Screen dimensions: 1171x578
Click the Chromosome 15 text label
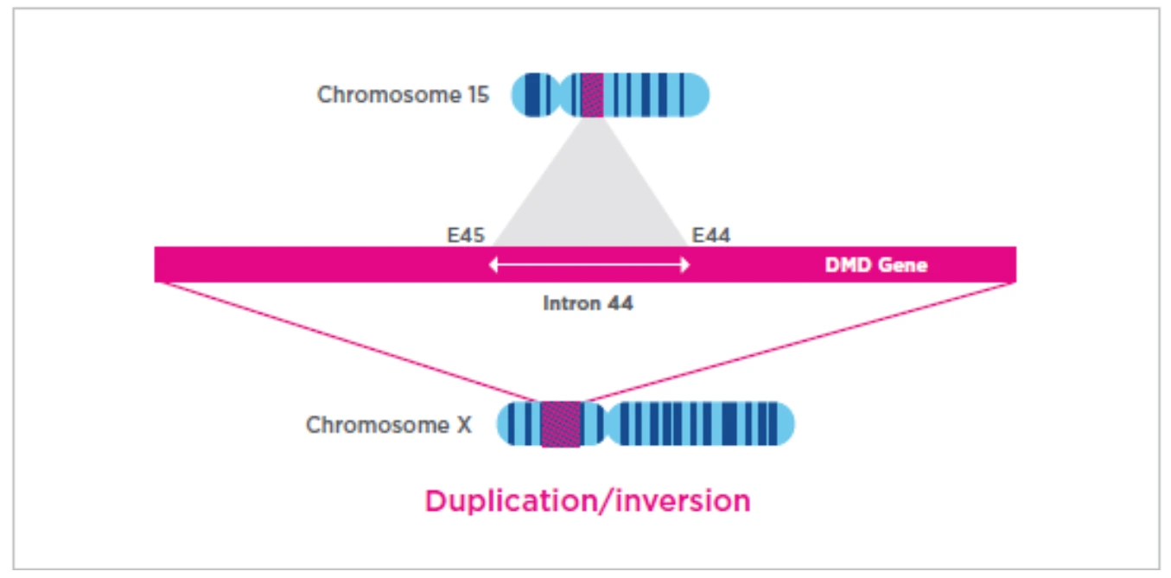pyautogui.click(x=403, y=94)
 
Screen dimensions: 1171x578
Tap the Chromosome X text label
pyautogui.click(x=389, y=424)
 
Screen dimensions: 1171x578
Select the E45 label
pyautogui.click(x=466, y=235)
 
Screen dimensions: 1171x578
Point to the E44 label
pyautogui.click(x=711, y=235)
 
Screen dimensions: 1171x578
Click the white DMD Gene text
pyautogui.click(x=876, y=265)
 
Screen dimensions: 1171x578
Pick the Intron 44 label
pyautogui.click(x=589, y=303)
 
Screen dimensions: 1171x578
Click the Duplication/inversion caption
pyautogui.click(x=588, y=500)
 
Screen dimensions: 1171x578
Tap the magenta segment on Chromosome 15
pyautogui.click(x=592, y=94)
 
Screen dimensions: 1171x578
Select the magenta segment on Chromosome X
pyautogui.click(x=561, y=424)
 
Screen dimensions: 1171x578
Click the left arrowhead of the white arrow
pyautogui.click(x=493, y=265)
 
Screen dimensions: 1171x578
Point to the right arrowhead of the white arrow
pyautogui.click(x=685, y=265)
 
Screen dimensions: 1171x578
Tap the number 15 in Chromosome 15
pyautogui.click(x=478, y=94)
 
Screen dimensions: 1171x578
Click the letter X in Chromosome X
pyautogui.click(x=464, y=424)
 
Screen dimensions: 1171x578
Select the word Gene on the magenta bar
pyautogui.click(x=903, y=265)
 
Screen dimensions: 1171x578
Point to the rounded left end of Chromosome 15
pyautogui.click(x=520, y=94)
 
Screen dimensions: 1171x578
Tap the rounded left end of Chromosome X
pyautogui.click(x=505, y=424)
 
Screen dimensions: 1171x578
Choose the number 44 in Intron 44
pyautogui.click(x=620, y=303)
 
